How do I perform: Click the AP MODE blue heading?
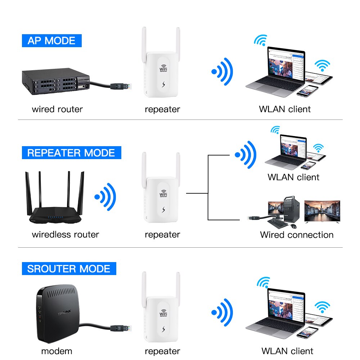[x=51, y=40]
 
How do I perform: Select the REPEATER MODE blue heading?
[x=71, y=153]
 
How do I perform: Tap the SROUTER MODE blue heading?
[x=69, y=269]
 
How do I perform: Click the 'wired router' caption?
[x=57, y=109]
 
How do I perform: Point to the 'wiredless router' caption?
[x=65, y=235]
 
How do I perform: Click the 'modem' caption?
[x=57, y=351]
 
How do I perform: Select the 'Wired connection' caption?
[x=297, y=235]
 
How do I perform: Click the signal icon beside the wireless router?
[x=105, y=197]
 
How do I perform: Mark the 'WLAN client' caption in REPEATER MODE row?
[x=293, y=177]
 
